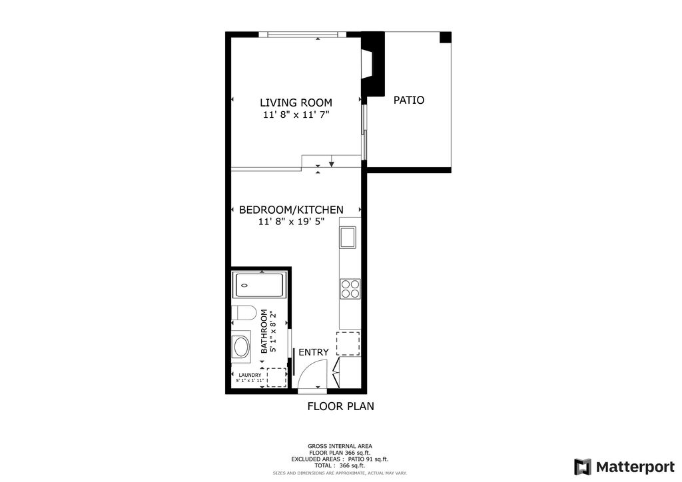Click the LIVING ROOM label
click(x=296, y=103)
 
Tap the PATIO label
click(x=409, y=101)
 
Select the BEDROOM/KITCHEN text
click(x=291, y=210)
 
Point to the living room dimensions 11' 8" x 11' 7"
click(x=296, y=115)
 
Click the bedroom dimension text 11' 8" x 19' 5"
click(x=291, y=222)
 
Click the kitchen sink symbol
click(x=348, y=237)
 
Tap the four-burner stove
click(x=350, y=288)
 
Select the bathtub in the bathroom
click(x=258, y=285)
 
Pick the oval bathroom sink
click(x=240, y=346)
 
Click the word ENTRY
click(x=313, y=352)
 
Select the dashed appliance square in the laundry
click(x=276, y=377)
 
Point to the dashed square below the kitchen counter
click(x=348, y=344)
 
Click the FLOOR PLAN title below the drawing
click(x=340, y=406)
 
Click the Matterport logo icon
click(x=582, y=466)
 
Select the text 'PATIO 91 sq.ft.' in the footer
click(x=368, y=459)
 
